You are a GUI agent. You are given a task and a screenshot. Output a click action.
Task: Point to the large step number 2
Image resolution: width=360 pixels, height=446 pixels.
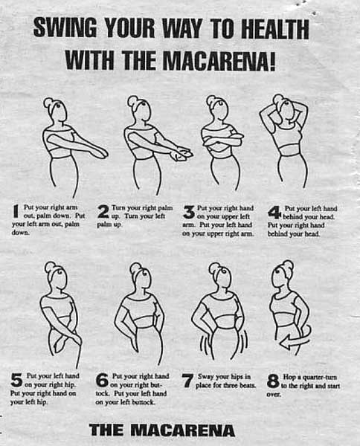click(x=103, y=211)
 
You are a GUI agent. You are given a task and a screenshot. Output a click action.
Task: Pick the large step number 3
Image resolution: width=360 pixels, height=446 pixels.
click(x=188, y=212)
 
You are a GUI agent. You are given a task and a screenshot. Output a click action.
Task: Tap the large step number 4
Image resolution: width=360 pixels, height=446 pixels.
click(x=274, y=212)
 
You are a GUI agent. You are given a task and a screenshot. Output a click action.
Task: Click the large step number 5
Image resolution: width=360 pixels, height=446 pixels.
click(x=16, y=381)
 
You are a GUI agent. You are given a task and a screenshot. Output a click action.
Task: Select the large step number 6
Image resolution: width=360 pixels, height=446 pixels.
click(x=103, y=381)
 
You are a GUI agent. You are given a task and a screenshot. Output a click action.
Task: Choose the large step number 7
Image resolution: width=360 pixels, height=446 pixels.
click(x=188, y=381)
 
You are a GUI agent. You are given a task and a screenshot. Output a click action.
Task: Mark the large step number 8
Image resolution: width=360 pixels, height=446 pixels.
click(x=274, y=381)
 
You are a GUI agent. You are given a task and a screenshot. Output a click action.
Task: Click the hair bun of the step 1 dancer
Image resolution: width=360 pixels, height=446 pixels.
click(x=48, y=102)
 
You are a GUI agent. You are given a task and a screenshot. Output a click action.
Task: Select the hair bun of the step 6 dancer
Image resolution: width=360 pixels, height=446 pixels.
click(x=135, y=267)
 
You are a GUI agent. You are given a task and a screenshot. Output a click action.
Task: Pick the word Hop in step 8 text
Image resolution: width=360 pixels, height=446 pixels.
click(x=292, y=377)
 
